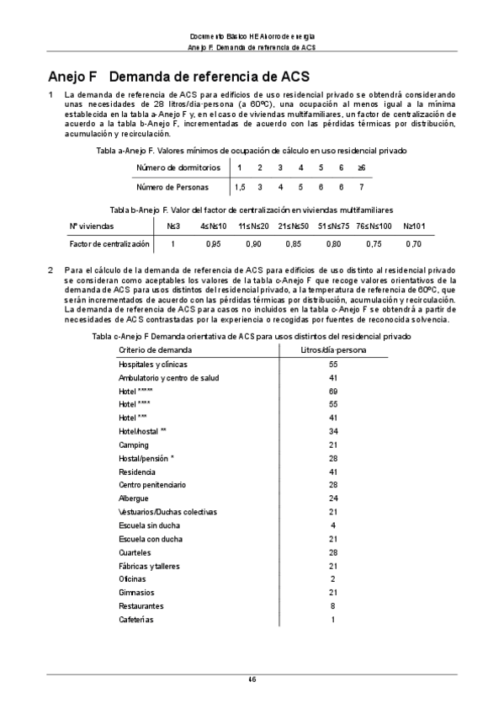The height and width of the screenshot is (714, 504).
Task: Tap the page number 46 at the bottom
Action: [x=252, y=679]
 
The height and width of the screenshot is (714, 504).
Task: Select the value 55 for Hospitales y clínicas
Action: [x=333, y=364]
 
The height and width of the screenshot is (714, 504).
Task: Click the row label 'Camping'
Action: [x=134, y=445]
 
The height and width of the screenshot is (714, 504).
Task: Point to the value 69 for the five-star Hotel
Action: [x=333, y=391]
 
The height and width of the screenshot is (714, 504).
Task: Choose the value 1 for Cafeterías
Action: [x=333, y=620]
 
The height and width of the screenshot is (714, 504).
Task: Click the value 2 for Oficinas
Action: [x=333, y=579]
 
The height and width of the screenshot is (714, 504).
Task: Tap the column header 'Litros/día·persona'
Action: [x=333, y=349]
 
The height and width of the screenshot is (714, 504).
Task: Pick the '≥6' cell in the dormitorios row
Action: [x=361, y=168]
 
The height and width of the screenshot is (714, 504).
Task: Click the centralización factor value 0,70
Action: [x=413, y=243]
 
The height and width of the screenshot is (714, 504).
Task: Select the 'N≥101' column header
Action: [x=414, y=226]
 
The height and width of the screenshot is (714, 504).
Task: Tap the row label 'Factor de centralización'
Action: [x=109, y=243]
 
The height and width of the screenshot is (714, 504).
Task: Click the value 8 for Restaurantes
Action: [x=333, y=606]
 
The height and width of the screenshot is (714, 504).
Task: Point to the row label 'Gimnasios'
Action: [x=136, y=593]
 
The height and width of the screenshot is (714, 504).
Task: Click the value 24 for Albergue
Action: [x=333, y=498]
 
